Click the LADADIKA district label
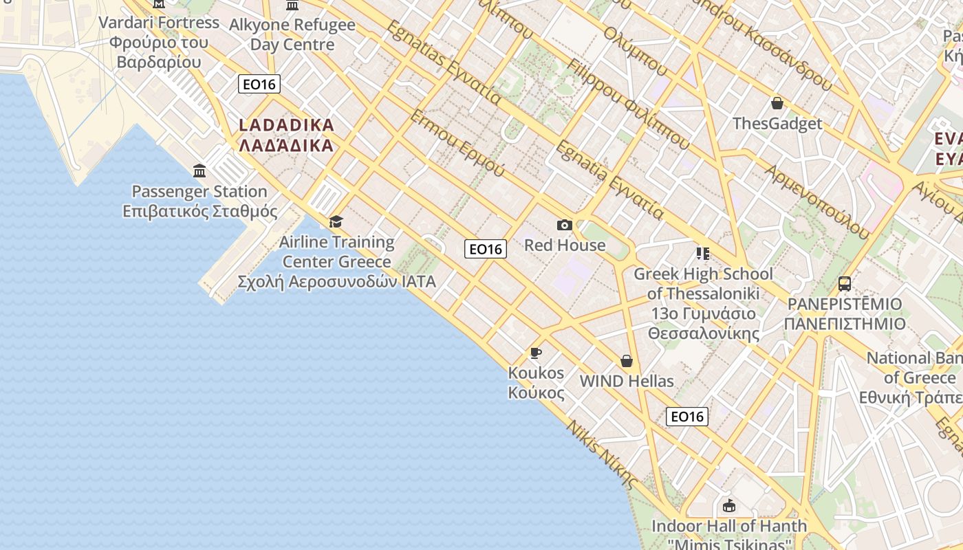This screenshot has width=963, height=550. coord(286,135)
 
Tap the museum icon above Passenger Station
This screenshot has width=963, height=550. coord(199,170)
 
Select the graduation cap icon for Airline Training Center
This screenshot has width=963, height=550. coord(336,221)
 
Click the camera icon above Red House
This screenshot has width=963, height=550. coord(565,225)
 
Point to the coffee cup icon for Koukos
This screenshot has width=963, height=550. coord(536,353)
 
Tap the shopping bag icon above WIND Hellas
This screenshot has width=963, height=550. coord(627,361)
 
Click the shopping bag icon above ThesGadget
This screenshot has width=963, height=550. coord(777,103)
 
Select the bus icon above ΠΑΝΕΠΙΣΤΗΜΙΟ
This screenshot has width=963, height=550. coord(845,283)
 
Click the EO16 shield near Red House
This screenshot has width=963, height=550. coord(486,249)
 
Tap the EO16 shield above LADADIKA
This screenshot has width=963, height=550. coord(259,85)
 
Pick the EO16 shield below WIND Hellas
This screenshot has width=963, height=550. coord(687,416)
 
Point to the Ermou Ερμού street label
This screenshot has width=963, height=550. coord(457,143)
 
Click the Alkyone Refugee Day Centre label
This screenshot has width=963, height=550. coord(292,35)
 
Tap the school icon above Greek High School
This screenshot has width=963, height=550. coord(702,254)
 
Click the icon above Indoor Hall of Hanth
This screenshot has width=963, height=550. coord(729,507)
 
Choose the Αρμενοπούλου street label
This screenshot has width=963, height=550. coord(816,201)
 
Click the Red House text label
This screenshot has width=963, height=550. coord(565,245)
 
